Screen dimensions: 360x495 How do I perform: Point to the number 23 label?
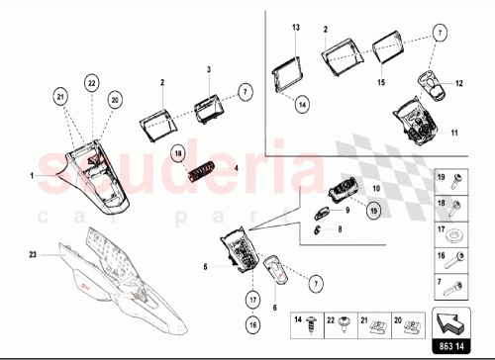(x=32, y=256)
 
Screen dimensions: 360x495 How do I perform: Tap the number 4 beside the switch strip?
(x=237, y=168)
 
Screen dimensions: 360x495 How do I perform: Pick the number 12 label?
(x=458, y=86)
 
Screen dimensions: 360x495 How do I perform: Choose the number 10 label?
(x=375, y=187)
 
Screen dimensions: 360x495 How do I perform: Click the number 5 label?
(x=205, y=266)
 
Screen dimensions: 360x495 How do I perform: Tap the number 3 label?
(x=208, y=71)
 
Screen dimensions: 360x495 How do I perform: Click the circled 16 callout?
(x=252, y=322)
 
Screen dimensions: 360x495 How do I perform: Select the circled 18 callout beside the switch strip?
(x=178, y=154)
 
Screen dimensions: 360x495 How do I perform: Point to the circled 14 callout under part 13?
(x=303, y=101)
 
